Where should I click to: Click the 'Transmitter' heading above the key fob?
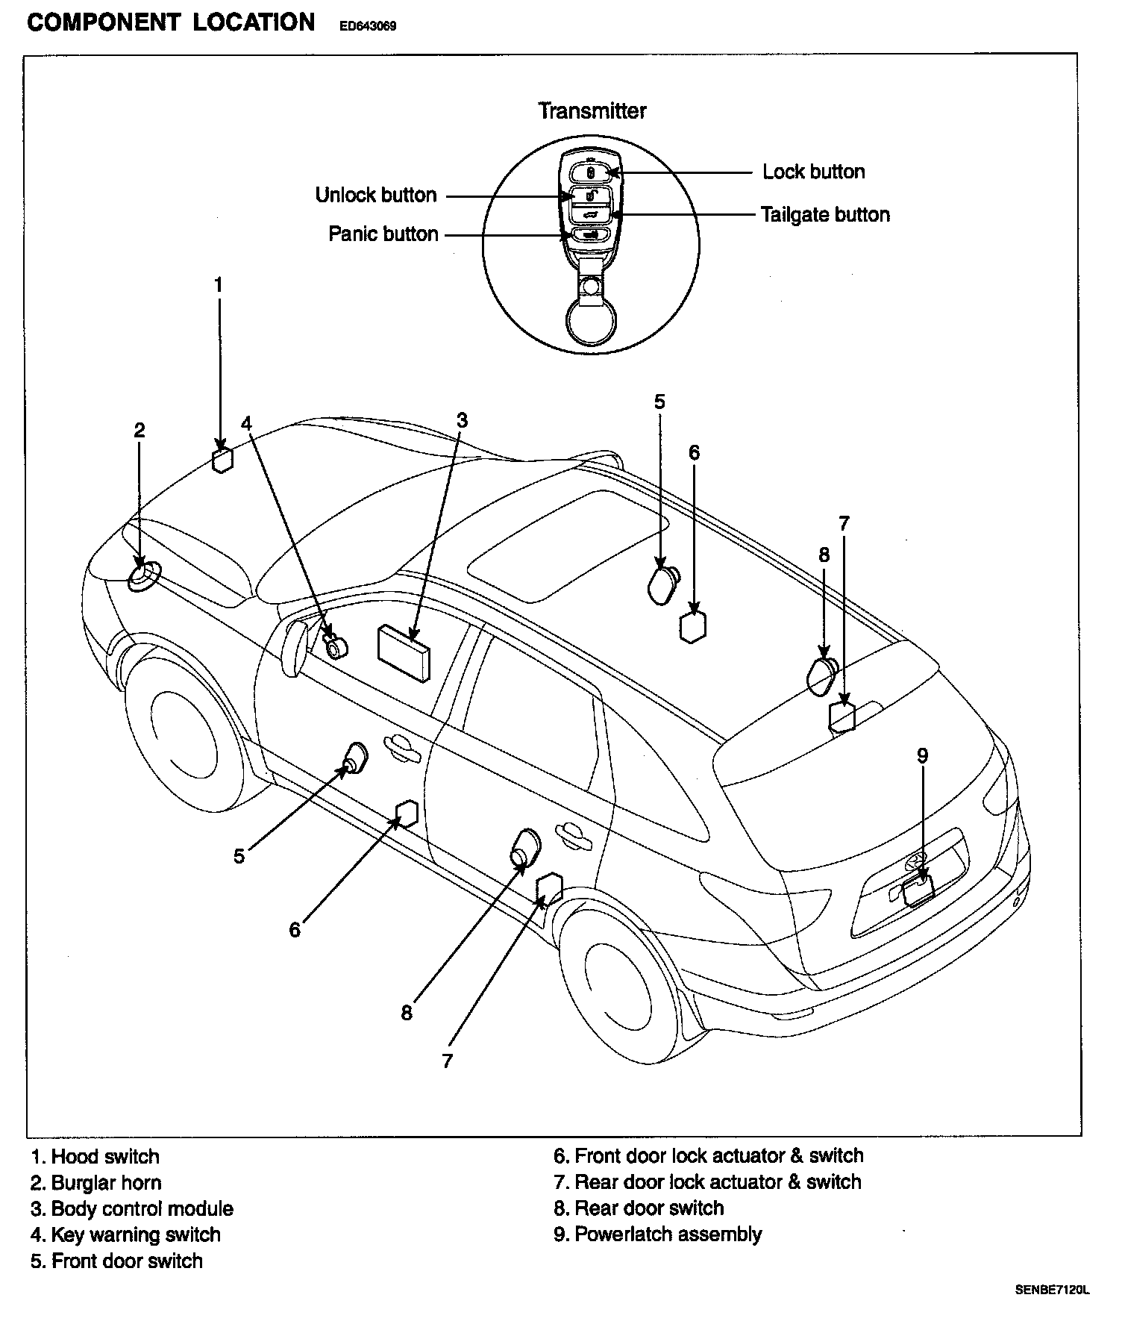pos(592,111)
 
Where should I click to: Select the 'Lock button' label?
pos(813,172)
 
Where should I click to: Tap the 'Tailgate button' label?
pos(824,215)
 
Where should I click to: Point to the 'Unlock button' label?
pos(375,196)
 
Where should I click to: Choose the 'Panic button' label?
pos(383,234)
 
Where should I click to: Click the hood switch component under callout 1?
pos(222,461)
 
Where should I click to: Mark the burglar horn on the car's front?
pos(142,577)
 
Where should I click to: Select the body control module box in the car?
pos(404,652)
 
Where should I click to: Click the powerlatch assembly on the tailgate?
pos(918,890)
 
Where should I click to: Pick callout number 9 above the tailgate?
pos(922,756)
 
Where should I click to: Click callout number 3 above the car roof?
pos(462,420)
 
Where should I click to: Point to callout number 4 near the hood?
pos(247,423)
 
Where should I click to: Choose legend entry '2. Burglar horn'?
pos(95,1183)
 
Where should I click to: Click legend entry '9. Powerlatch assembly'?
pos(657,1234)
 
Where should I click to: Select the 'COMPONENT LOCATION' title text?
pos(171,23)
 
